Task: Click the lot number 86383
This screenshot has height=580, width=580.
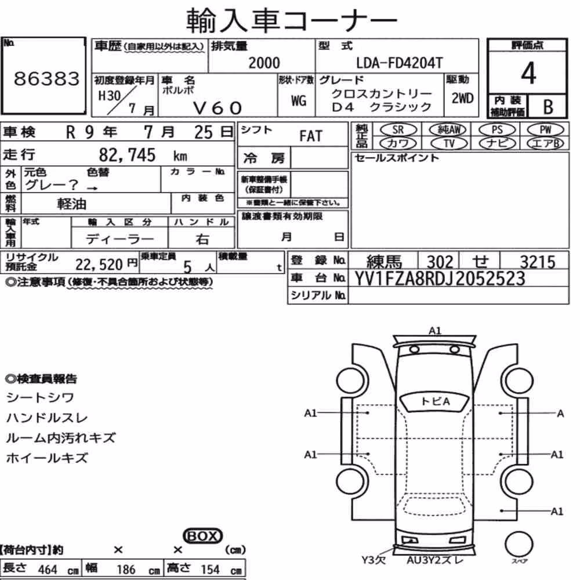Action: tap(46, 78)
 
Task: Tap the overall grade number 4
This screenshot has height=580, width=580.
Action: tap(528, 73)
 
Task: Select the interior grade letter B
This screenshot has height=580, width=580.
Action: tap(548, 107)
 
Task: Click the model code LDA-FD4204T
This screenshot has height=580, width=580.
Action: tap(399, 63)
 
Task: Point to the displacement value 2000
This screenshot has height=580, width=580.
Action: tap(264, 63)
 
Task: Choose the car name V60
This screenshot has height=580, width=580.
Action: tap(217, 108)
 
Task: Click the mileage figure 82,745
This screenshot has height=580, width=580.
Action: tap(127, 155)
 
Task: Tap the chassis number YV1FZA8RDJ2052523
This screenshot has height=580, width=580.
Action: tap(440, 278)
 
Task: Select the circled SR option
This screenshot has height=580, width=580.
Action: tap(398, 130)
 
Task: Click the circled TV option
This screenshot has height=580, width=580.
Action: tap(449, 143)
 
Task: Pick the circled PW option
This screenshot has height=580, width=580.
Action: tap(545, 130)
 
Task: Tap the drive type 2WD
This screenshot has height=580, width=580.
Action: tap(462, 98)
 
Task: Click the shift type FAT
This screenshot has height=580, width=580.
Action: tap(311, 136)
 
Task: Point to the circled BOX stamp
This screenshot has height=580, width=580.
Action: tap(202, 535)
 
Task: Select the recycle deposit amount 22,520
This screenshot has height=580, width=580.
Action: tap(99, 264)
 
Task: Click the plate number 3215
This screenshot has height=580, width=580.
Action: tap(538, 262)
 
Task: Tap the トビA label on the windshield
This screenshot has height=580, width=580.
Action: tap(436, 401)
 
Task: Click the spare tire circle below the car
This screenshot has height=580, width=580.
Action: tap(519, 544)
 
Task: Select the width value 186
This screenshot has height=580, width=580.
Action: tap(126, 570)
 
